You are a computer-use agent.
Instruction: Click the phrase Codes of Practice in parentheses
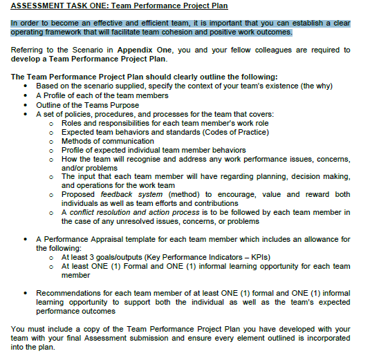coord(233,131)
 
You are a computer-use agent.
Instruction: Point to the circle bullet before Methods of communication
coord(52,141)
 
